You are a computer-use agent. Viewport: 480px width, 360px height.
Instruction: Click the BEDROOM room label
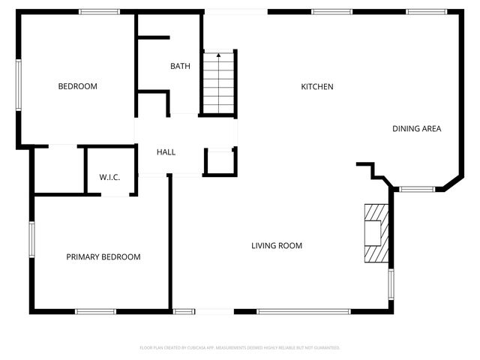(78, 86)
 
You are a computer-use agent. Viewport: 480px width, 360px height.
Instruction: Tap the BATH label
(180, 66)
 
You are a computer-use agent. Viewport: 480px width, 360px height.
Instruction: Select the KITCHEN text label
(317, 86)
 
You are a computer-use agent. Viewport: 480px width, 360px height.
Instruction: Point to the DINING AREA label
(416, 128)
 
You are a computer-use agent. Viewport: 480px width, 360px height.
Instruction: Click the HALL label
(166, 152)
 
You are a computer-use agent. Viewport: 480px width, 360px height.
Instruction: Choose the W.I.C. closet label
(109, 177)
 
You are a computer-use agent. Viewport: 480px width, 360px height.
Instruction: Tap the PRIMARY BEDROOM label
(103, 256)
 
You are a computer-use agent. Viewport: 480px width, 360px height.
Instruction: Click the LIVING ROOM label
(277, 245)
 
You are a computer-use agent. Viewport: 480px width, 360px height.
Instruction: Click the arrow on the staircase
(218, 55)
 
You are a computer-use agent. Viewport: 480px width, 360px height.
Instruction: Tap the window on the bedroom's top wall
(99, 11)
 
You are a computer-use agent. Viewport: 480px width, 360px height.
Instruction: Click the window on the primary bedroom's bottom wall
(95, 311)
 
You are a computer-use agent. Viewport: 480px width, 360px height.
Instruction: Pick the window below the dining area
(417, 189)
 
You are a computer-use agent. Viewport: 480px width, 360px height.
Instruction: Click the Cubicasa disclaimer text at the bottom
(240, 348)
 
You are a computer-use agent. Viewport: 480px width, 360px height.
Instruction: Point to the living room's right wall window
(391, 284)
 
